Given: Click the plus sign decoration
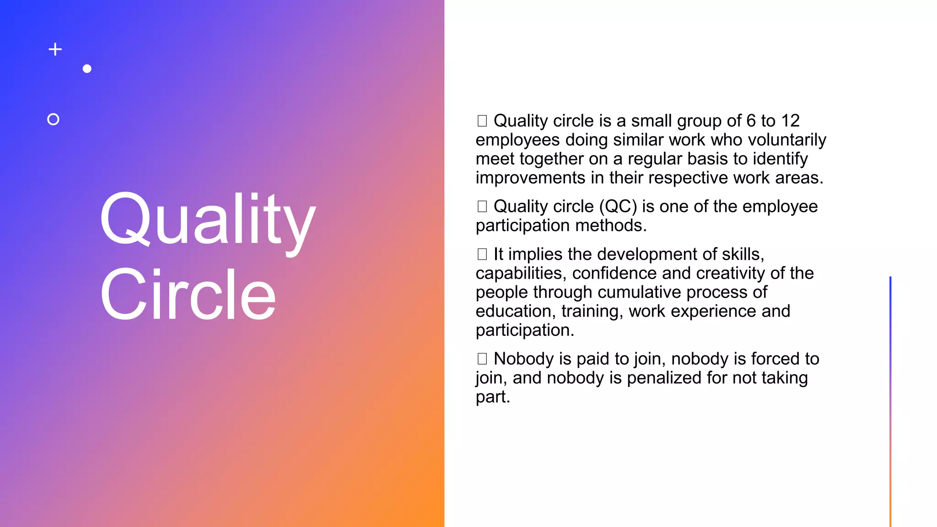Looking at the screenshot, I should [55, 49].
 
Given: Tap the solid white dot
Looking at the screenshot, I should [87, 69].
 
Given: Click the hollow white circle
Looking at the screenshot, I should [53, 119].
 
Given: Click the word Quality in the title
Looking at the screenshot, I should [208, 220].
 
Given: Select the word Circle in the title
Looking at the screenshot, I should [188, 295].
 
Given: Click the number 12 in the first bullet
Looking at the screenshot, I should [790, 121].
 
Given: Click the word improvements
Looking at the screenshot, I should [530, 178].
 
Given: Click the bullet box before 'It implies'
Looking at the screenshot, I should [482, 254].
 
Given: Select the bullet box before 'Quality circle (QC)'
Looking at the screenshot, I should [482, 207].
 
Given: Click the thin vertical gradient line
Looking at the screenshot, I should [890, 403].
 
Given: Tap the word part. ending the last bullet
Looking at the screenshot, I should [492, 397].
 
